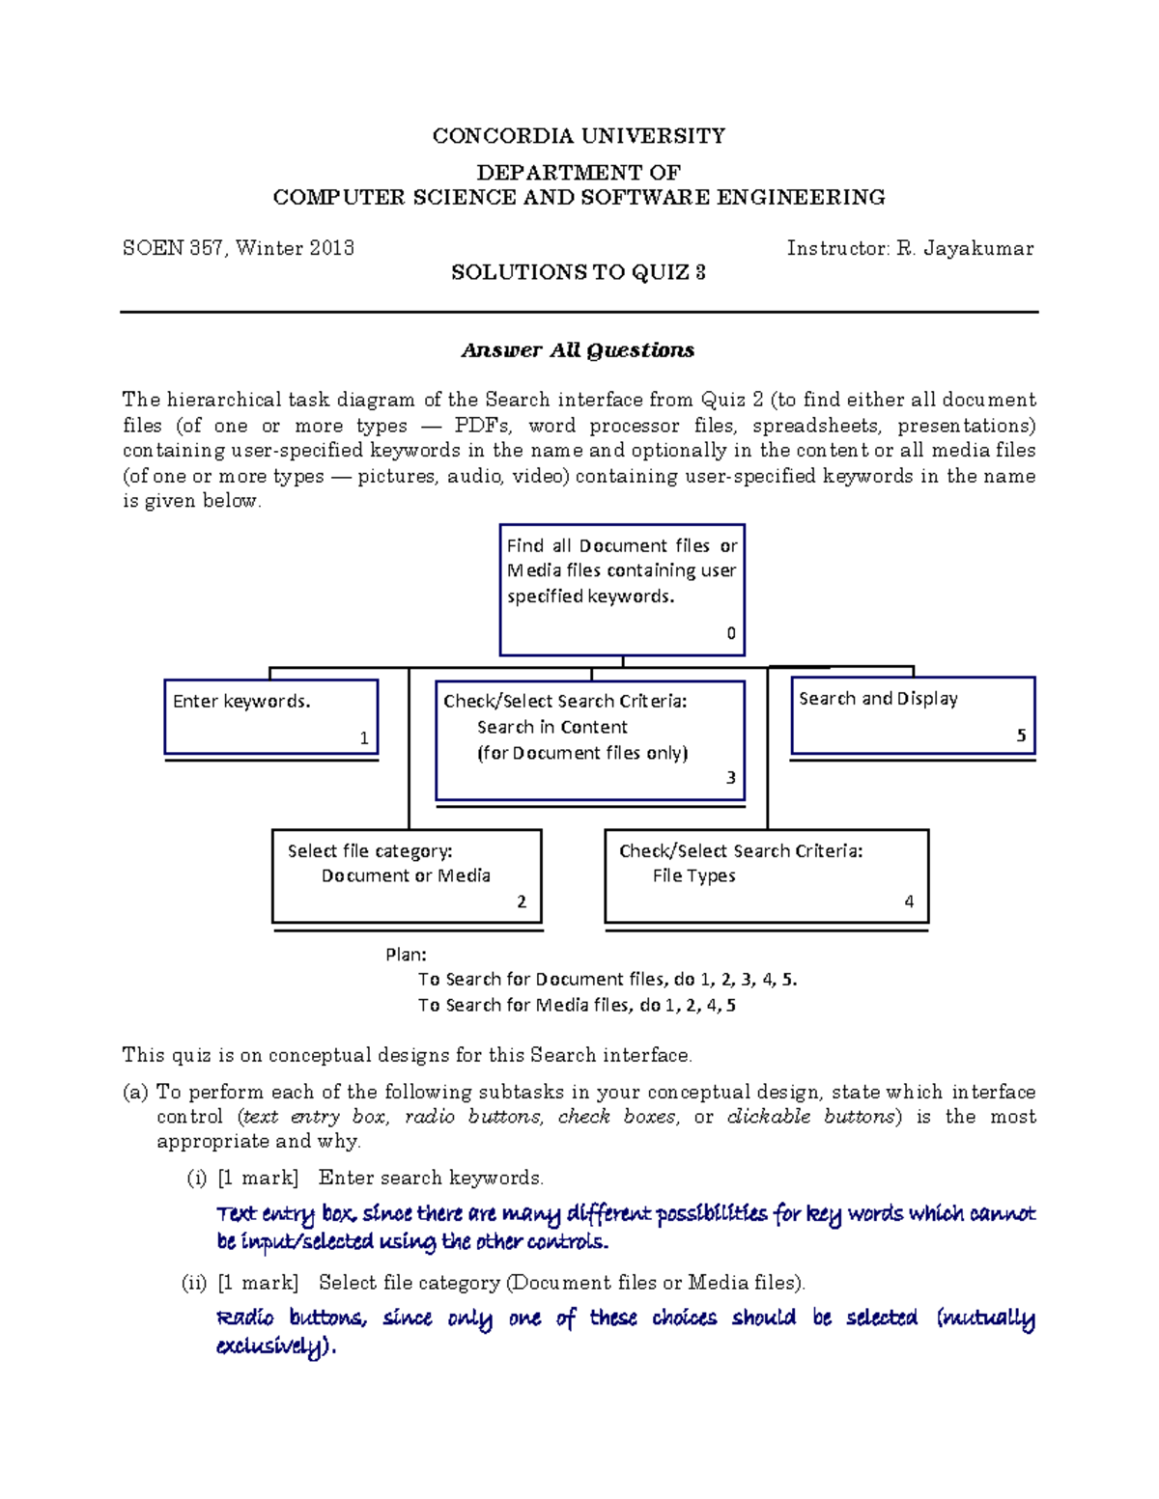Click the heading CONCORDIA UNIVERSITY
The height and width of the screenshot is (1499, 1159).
pos(579,136)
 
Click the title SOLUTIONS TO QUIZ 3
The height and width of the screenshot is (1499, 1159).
pos(579,273)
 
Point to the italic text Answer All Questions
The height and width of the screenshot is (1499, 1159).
pos(578,350)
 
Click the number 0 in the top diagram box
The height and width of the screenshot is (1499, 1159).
pos(731,633)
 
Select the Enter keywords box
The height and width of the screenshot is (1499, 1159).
pos(270,717)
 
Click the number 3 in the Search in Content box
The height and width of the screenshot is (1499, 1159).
pos(731,778)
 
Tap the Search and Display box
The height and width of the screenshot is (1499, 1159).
pos(912,715)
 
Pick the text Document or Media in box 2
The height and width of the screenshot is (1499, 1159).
pos(406,876)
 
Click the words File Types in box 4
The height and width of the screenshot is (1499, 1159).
pos(693,876)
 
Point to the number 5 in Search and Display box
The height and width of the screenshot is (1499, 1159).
pos(1021,736)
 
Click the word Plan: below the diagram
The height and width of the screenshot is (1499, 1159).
pos(406,955)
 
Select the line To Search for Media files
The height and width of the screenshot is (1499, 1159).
pos(577,1005)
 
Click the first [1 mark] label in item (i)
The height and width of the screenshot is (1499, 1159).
pos(258,1178)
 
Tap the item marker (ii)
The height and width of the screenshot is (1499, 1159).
pos(195,1283)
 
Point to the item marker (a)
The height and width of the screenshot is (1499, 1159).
pos(135,1092)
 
